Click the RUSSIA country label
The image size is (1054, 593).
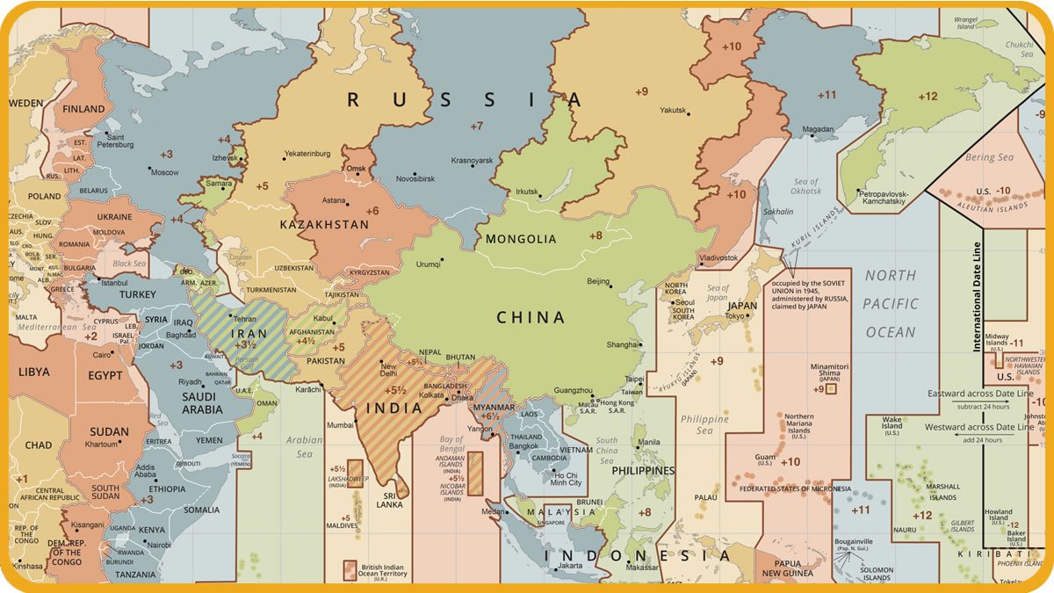pos(465,100)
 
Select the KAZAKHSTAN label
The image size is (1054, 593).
pos(324,225)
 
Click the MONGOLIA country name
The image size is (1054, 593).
pos(521,239)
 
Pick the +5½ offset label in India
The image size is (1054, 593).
pos(394,390)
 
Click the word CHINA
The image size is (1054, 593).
pos(531,318)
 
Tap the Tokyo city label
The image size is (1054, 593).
pos(737,316)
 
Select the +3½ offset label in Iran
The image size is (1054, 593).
pos(245,345)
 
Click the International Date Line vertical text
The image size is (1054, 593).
pos(977,297)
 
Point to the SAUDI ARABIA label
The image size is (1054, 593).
pos(202,403)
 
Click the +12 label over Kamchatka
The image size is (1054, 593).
pos(928,97)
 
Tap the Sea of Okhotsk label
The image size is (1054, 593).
pos(805,187)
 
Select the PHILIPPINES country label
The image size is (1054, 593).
pos(643,471)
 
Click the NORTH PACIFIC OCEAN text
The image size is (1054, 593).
pos(891,304)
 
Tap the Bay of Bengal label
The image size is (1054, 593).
pos(451,445)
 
